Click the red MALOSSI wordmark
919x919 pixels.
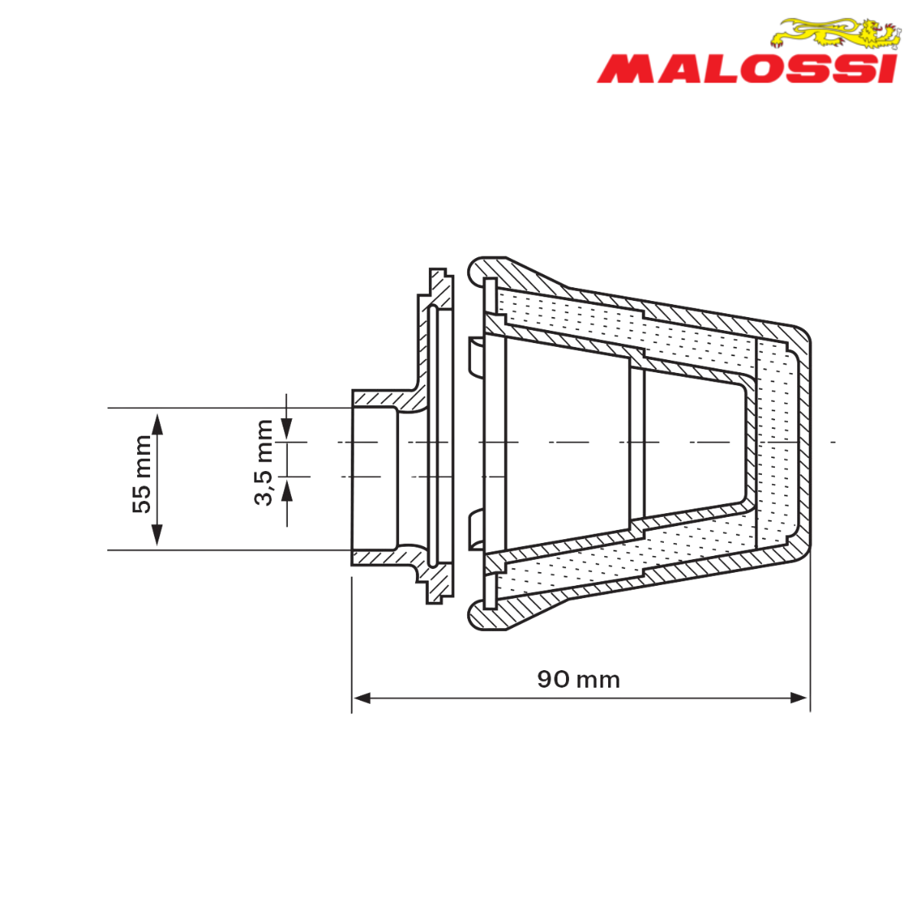[x=747, y=70]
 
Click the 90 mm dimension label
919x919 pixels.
[x=578, y=679]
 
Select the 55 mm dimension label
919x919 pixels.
[x=142, y=474]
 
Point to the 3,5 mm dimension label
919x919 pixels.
[x=263, y=463]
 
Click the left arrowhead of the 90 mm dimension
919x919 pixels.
[x=361, y=698]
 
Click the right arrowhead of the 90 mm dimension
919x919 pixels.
[x=800, y=698]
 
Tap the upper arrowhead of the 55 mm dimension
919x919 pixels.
[x=157, y=424]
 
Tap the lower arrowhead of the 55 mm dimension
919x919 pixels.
[x=157, y=535]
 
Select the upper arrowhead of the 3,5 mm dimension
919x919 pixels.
[x=286, y=428]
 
